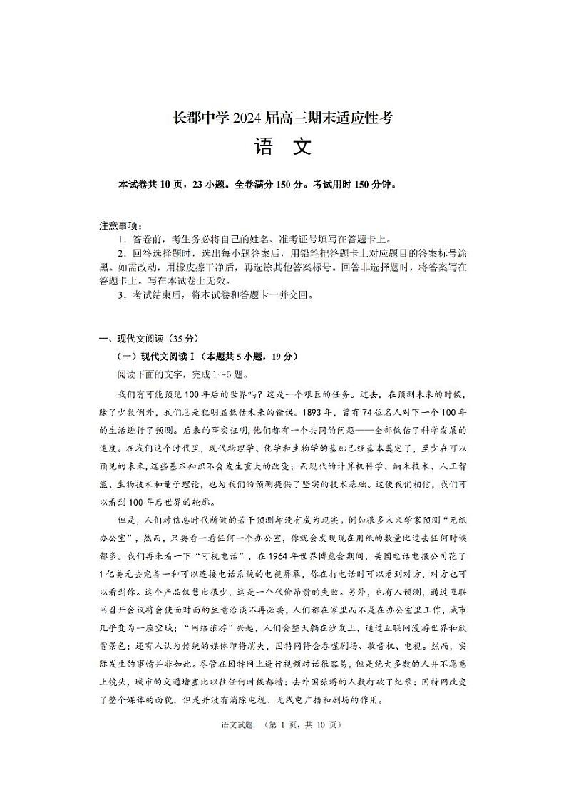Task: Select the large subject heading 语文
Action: [x=282, y=148]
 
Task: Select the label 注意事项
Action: [x=120, y=226]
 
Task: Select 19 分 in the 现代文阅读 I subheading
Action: [x=285, y=357]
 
